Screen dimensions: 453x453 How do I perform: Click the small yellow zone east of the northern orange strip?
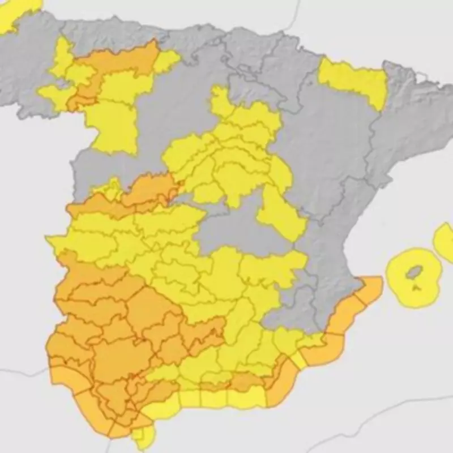[166, 61]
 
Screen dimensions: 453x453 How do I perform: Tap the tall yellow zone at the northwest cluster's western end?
[62, 57]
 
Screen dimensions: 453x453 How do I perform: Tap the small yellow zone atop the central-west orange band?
[110, 190]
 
